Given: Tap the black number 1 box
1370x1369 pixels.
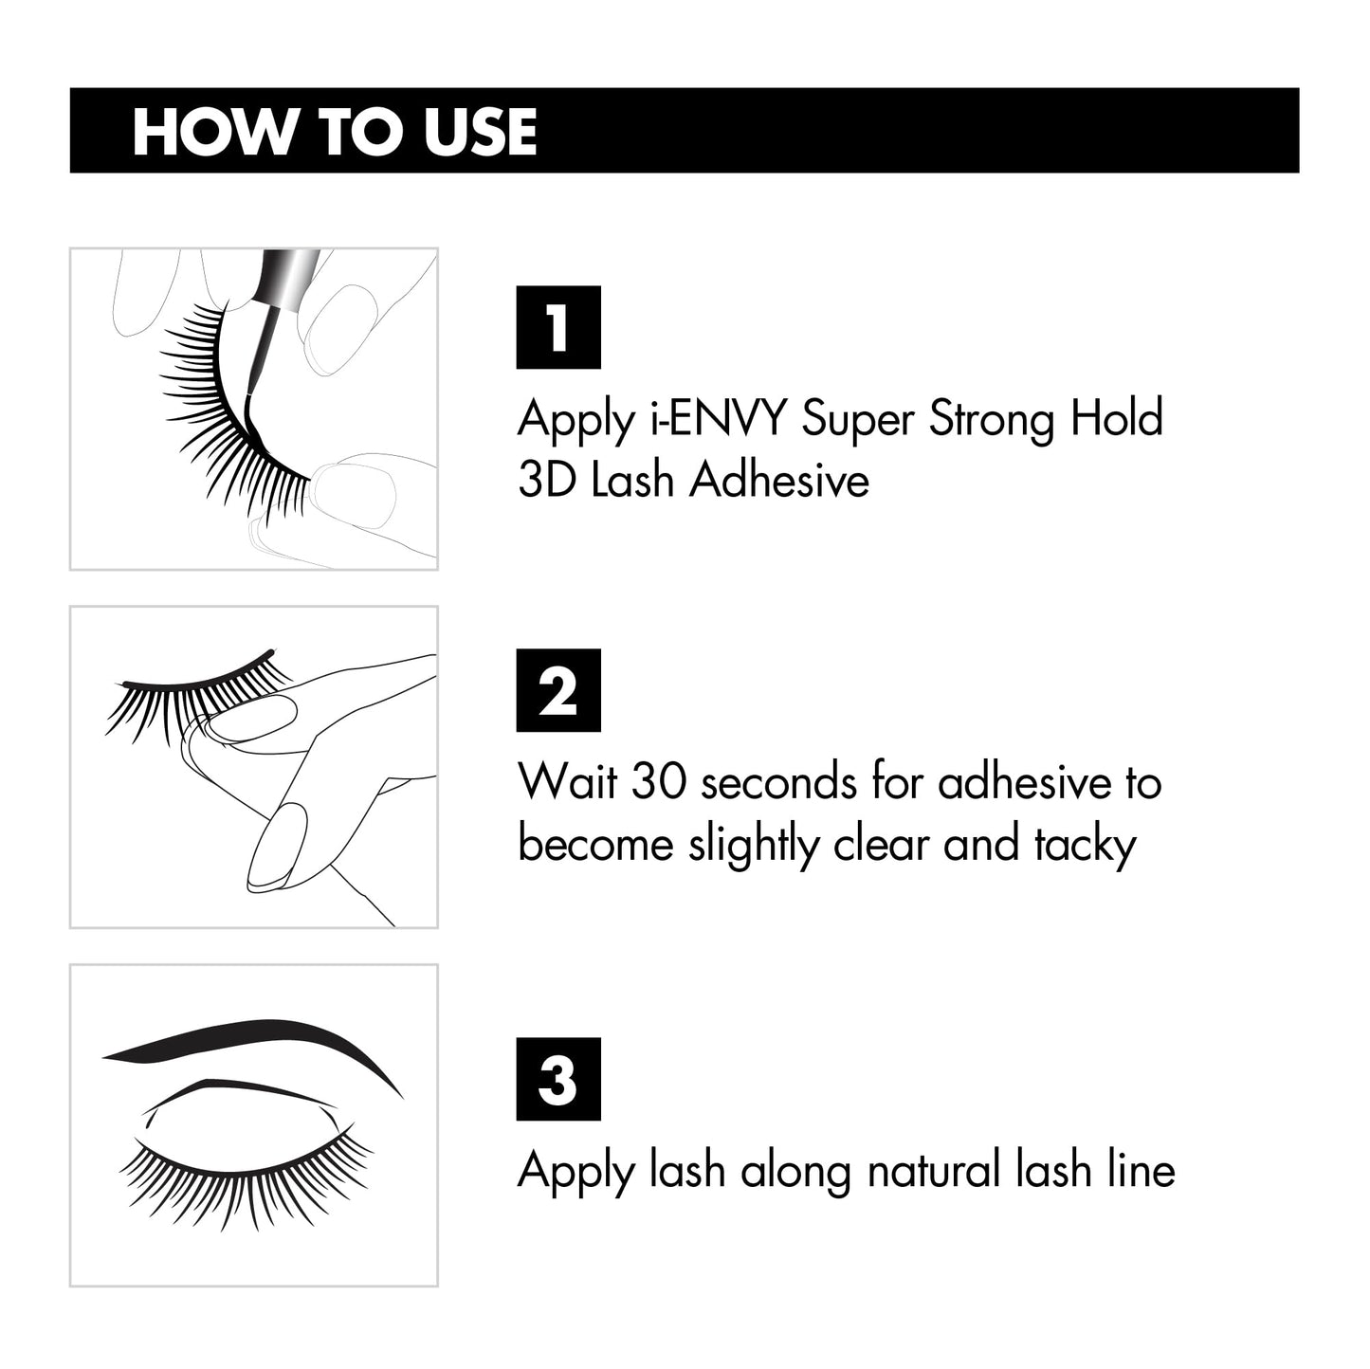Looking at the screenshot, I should [x=557, y=327].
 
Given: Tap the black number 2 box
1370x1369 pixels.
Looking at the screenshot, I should [x=557, y=690].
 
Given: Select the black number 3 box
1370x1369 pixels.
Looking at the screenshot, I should [x=557, y=1079].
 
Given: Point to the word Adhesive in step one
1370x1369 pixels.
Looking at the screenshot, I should [x=779, y=480].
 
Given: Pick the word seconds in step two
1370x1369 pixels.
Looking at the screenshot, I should [x=783, y=782].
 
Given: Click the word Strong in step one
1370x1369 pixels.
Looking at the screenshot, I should [x=991, y=418].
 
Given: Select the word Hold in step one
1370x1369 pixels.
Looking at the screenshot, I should [x=1116, y=418].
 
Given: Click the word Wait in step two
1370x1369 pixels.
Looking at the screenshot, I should [x=567, y=782].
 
